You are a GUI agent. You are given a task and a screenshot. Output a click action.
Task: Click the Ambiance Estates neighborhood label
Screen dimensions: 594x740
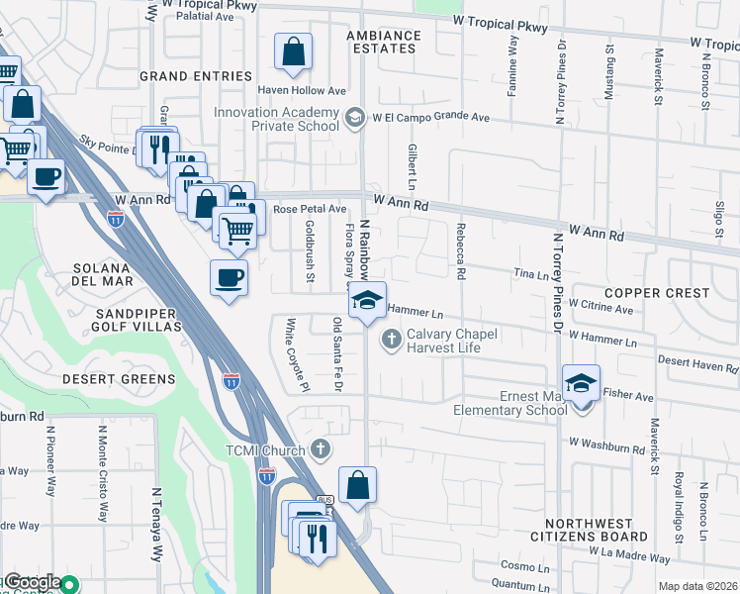pyautogui.click(x=383, y=43)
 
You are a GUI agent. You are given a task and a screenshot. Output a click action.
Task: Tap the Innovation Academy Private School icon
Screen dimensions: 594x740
pyautogui.click(x=353, y=119)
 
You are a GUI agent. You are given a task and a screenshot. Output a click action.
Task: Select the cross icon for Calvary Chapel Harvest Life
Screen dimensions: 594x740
pyautogui.click(x=391, y=341)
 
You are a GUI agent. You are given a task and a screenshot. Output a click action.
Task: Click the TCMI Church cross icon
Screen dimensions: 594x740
pyautogui.click(x=320, y=449)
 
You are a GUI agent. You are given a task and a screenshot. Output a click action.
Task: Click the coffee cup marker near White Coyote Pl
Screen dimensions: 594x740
pyautogui.click(x=230, y=278)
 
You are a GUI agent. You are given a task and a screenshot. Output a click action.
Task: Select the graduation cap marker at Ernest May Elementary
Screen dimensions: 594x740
pyautogui.click(x=581, y=383)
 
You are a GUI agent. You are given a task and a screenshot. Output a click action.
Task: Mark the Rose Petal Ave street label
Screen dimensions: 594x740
pyautogui.click(x=310, y=209)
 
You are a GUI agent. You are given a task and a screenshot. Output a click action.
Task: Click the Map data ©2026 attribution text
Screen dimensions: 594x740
pyautogui.click(x=696, y=586)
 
